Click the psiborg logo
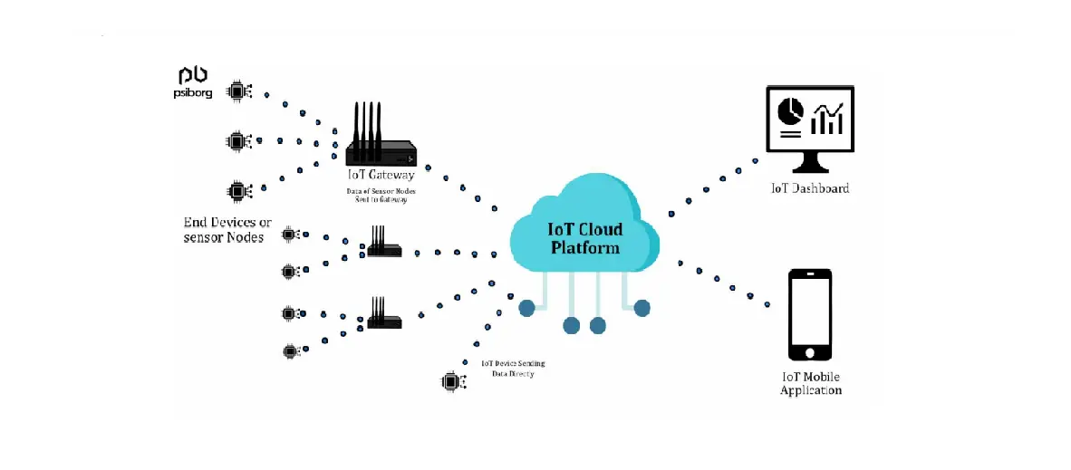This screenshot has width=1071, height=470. [194, 82]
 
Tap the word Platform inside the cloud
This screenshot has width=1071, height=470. [585, 247]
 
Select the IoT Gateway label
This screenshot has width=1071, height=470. [381, 175]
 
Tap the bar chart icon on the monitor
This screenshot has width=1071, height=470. [827, 118]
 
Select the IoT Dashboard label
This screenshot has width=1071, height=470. [810, 189]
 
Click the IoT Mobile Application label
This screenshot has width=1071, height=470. [811, 383]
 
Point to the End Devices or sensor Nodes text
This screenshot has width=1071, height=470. [227, 230]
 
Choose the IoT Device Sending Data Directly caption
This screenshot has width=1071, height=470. [513, 369]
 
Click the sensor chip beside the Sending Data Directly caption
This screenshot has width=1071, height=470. [450, 382]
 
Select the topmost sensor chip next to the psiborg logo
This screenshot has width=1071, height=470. [238, 90]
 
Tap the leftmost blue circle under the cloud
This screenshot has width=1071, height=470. [526, 309]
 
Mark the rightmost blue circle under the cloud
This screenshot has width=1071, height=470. [642, 308]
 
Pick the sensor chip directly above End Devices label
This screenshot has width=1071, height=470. [237, 191]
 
